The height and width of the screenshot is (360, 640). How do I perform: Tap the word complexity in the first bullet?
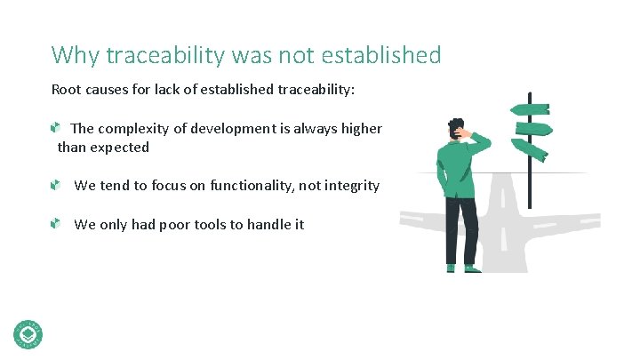pyautogui.click(x=133, y=129)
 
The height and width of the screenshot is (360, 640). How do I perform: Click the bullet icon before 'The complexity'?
pyautogui.click(x=55, y=129)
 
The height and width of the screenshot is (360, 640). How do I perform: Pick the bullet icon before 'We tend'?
pyautogui.click(x=55, y=186)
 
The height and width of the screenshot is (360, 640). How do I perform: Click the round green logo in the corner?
pyautogui.click(x=28, y=333)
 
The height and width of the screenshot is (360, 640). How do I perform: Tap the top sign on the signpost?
pyautogui.click(x=530, y=109)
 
